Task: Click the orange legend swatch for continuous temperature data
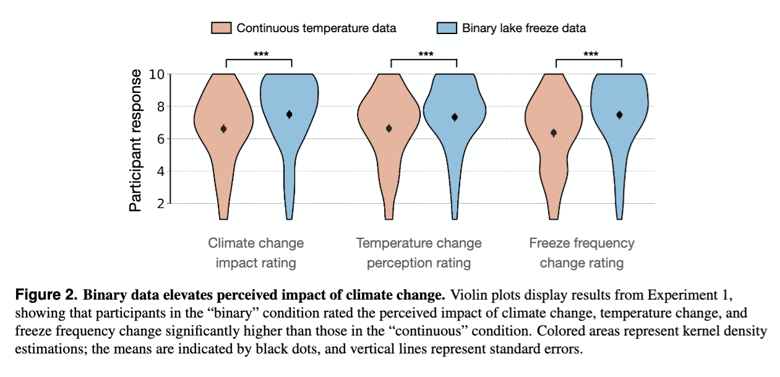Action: tap(221, 28)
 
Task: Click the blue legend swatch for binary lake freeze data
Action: tap(447, 28)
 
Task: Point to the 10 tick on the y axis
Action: tap(156, 74)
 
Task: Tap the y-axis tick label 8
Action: tap(160, 106)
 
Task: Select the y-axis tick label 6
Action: tap(160, 139)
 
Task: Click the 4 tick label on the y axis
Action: tap(160, 171)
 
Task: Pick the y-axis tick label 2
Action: tap(160, 203)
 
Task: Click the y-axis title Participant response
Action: tap(135, 141)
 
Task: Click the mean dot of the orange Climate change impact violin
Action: tap(223, 129)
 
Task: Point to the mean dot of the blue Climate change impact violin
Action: tap(289, 115)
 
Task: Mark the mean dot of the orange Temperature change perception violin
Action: tap(388, 129)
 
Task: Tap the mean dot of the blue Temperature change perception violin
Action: tap(455, 117)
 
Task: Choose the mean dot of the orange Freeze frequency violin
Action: tap(554, 132)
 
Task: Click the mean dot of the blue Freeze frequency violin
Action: tap(619, 115)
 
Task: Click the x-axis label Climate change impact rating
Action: tap(256, 253)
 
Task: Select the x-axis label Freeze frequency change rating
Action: tap(581, 253)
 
